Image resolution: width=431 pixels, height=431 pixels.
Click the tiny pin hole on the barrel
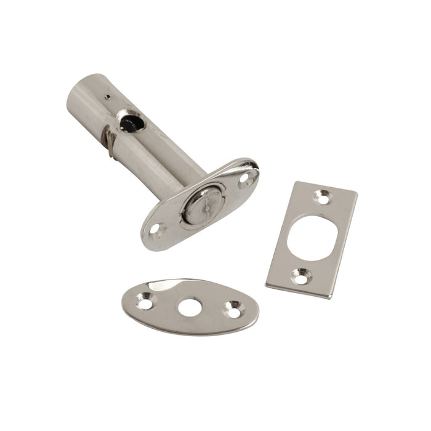[107, 97]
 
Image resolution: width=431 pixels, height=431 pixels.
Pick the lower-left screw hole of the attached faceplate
[159, 232]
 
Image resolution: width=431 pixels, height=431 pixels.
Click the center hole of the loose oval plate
[191, 307]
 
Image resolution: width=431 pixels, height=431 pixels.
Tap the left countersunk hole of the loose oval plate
[146, 302]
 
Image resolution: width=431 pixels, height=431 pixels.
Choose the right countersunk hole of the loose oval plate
[233, 307]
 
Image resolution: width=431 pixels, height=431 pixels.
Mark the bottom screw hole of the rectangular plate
[300, 276]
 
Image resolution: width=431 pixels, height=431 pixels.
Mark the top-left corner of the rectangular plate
[295, 182]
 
